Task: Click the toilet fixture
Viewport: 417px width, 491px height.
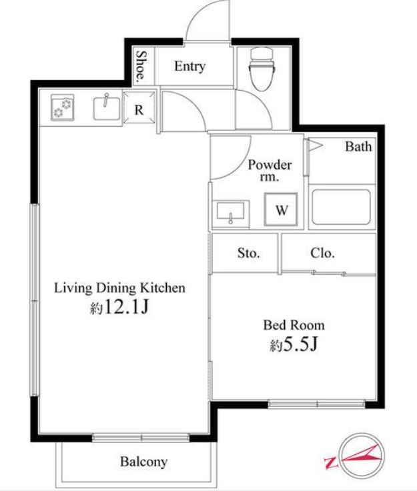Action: click(x=262, y=68)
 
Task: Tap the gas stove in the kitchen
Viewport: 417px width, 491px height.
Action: click(x=63, y=107)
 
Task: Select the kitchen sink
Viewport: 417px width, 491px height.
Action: click(x=107, y=108)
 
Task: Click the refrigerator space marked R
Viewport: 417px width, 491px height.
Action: click(x=139, y=107)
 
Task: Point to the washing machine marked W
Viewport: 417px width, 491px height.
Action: click(x=281, y=209)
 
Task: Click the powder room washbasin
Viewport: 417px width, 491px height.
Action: click(x=231, y=212)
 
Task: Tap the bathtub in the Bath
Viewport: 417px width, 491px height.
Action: click(x=341, y=207)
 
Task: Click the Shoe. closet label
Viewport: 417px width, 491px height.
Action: click(x=141, y=65)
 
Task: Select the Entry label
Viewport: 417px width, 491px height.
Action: click(x=189, y=66)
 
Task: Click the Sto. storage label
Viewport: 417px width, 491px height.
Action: click(x=249, y=253)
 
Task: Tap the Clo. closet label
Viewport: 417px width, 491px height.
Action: click(x=322, y=253)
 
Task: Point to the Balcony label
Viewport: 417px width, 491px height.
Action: click(x=143, y=462)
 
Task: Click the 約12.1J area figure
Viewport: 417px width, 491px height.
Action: click(x=119, y=307)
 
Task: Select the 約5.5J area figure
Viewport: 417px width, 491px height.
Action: click(x=294, y=344)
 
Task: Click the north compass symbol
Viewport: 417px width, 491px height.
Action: click(x=362, y=454)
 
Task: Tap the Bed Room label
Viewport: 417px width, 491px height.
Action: click(x=294, y=325)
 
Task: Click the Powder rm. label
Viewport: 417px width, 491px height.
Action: click(x=270, y=171)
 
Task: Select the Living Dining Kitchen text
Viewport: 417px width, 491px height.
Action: click(x=119, y=288)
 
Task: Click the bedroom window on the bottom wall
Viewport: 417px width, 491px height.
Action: click(x=317, y=404)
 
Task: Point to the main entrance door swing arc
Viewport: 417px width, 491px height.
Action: click(x=200, y=13)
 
